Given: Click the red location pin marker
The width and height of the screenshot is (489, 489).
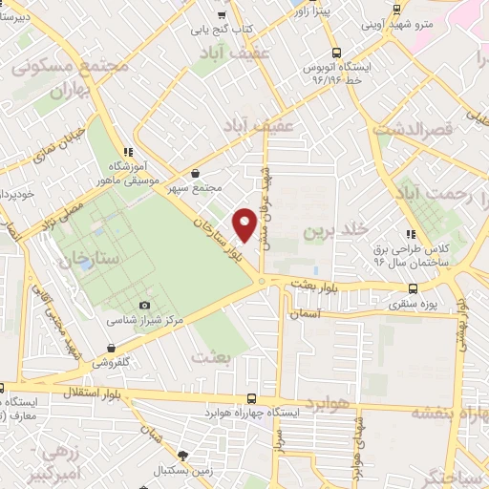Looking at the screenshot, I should pyautogui.click(x=244, y=223).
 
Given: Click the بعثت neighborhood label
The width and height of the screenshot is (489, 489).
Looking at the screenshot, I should pyautogui.click(x=212, y=355).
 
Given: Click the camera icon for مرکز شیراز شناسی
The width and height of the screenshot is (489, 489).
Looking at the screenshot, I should pyautogui.click(x=144, y=306).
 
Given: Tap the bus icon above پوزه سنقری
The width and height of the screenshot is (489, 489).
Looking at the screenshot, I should pyautogui.click(x=413, y=290).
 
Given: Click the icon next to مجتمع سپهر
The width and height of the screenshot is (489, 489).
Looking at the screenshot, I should pyautogui.click(x=196, y=174).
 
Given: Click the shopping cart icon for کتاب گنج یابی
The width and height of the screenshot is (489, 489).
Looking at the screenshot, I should pyautogui.click(x=223, y=14).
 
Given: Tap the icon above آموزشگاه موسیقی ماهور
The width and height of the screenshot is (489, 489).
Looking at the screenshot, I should pyautogui.click(x=127, y=151).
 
